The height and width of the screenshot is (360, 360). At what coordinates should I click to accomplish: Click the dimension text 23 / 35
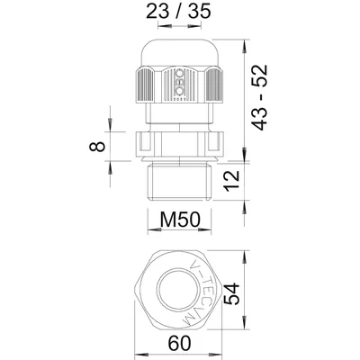179,12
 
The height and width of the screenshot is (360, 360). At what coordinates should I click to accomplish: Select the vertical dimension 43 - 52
258,97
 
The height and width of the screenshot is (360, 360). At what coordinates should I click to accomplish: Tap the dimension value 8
97,146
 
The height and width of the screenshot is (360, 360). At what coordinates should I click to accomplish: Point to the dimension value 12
232,179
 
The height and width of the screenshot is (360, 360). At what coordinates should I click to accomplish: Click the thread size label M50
180,220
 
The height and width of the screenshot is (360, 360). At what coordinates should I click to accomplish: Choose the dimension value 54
232,294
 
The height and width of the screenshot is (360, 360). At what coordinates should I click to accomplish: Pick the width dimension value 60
179,343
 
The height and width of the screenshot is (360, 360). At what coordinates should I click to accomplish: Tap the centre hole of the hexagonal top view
179,292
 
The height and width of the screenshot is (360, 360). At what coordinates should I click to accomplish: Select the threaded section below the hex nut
179,180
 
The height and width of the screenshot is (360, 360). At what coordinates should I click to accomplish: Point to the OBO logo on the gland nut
179,82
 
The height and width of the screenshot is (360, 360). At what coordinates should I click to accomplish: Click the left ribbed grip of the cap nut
146,85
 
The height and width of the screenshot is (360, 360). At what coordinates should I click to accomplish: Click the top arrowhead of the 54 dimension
245,257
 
